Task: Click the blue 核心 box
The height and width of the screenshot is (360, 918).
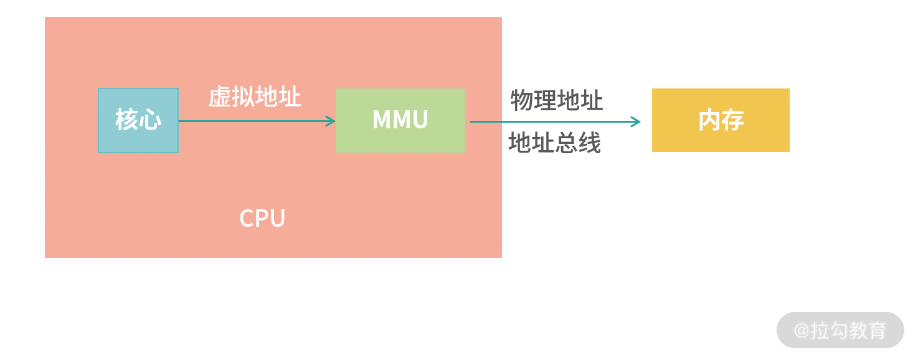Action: (138, 120)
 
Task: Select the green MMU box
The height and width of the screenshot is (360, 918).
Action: (400, 120)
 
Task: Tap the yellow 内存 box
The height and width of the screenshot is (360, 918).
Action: (721, 120)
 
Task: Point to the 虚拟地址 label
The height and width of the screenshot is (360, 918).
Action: (255, 97)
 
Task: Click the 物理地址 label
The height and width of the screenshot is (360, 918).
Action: (556, 100)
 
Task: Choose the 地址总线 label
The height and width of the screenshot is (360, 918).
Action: (554, 143)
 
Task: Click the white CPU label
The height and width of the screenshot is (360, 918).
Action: (262, 219)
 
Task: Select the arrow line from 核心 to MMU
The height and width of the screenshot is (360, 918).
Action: (255, 121)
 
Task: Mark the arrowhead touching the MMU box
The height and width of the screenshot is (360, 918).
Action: (331, 121)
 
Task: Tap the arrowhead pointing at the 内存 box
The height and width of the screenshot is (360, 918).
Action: (636, 122)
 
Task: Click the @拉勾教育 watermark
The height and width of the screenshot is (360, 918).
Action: (840, 330)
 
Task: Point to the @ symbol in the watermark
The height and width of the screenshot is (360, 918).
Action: (802, 330)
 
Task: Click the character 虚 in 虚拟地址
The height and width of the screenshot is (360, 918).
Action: (219, 97)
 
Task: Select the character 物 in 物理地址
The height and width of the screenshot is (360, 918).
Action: (522, 100)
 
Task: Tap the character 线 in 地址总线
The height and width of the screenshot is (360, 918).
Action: (589, 143)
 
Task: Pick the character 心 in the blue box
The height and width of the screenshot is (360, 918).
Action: (150, 120)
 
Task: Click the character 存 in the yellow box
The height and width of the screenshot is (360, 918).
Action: (733, 120)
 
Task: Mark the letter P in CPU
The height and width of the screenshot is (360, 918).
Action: (263, 219)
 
